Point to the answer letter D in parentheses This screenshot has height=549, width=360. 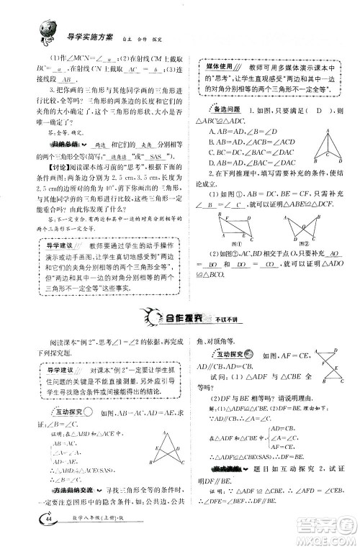coord(305,112)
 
